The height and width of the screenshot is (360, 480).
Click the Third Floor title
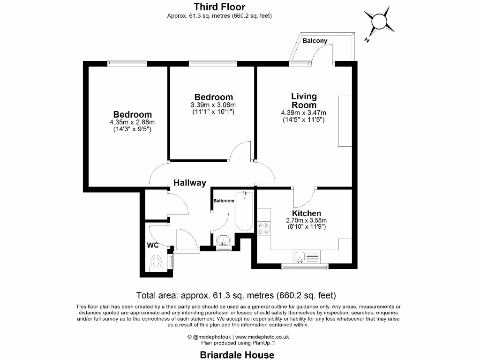coord(219,7)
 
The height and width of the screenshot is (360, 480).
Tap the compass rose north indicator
coord(378,22)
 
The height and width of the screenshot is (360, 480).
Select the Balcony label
coord(315,41)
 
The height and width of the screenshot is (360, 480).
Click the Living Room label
coord(304,101)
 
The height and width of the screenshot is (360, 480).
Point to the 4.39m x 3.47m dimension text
coord(304,112)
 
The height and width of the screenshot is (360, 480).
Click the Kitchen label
coord(306,213)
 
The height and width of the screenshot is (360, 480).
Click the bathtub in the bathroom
coord(244,212)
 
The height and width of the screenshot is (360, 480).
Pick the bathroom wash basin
coord(225,241)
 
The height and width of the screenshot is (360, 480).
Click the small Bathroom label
coord(224,201)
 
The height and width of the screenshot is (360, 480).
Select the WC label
coord(153,245)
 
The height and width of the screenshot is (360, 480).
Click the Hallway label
coord(190,183)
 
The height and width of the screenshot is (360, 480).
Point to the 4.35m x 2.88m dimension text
coord(132,122)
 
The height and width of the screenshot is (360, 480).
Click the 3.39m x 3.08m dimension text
coord(213,105)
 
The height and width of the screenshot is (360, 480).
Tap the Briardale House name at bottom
coord(237,355)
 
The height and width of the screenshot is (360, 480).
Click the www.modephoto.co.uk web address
coord(262,337)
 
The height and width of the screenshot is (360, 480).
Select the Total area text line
coord(236,296)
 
